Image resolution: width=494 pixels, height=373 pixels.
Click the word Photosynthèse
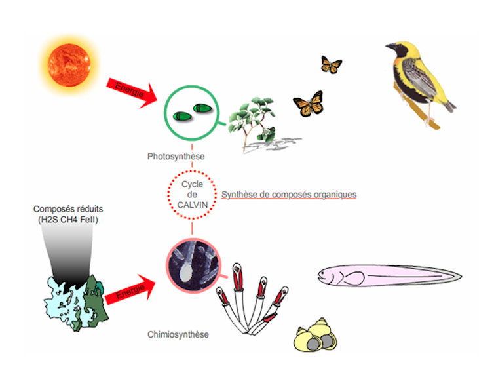pos(176,157)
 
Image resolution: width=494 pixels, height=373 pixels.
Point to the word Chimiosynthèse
pos(178,334)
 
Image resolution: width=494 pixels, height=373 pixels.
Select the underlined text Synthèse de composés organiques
pos(289,195)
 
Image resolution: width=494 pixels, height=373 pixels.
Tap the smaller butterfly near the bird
pos(331,64)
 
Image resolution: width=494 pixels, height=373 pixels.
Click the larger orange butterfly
pos(309,103)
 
